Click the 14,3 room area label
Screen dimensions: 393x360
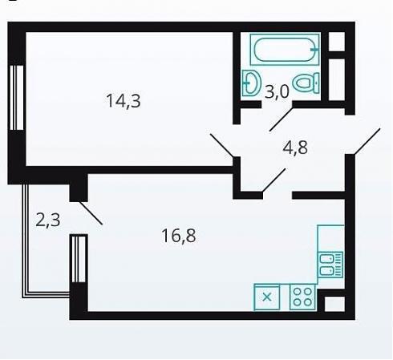pos(124,101)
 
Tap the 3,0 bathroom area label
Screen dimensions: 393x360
pos(277,92)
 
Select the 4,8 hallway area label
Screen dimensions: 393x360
pos(295,148)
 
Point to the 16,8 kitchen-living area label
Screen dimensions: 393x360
pos(179,236)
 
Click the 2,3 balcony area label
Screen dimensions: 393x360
pos(48,220)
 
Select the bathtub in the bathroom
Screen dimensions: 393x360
pos(285,50)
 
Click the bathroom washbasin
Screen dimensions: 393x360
pos(252,83)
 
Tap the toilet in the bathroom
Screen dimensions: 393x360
pos(306,83)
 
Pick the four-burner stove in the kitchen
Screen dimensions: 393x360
pos(302,297)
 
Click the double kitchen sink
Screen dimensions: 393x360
pos(330,265)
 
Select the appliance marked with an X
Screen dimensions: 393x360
pos(267,297)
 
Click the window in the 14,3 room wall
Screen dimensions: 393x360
pos(17,98)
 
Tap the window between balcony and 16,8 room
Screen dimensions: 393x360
pos(79,258)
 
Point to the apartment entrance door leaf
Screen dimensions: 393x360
pos(367,142)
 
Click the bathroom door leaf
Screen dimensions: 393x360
pos(282,118)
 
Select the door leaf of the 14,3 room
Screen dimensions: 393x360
pos(222,145)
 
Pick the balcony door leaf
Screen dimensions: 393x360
pos(91,213)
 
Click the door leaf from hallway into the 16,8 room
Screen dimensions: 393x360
pos(273,180)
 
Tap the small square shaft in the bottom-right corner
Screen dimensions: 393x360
pos(334,304)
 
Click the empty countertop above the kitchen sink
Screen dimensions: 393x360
pos(330,238)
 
